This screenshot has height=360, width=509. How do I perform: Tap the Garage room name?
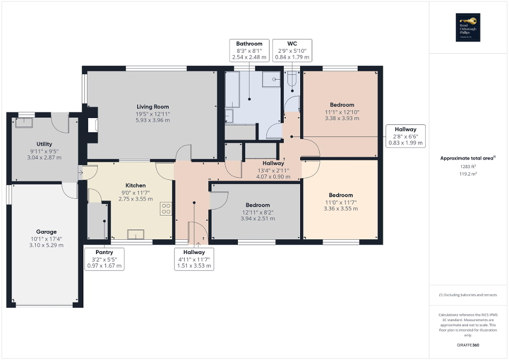tap(46, 231)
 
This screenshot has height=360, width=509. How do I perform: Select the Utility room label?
tap(44, 144)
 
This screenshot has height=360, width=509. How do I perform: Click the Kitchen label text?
tap(135, 186)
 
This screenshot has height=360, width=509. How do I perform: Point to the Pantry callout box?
tap(104, 259)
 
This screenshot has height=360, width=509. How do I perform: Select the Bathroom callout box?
tap(249, 50)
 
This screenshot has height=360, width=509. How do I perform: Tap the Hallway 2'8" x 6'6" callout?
tap(405, 136)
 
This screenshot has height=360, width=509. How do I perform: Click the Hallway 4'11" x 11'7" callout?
tap(195, 259)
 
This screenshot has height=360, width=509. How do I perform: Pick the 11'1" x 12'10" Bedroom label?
tap(342, 104)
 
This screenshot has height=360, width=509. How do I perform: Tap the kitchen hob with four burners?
tap(166, 209)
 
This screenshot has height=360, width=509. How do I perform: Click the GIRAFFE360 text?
tap(468, 345)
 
